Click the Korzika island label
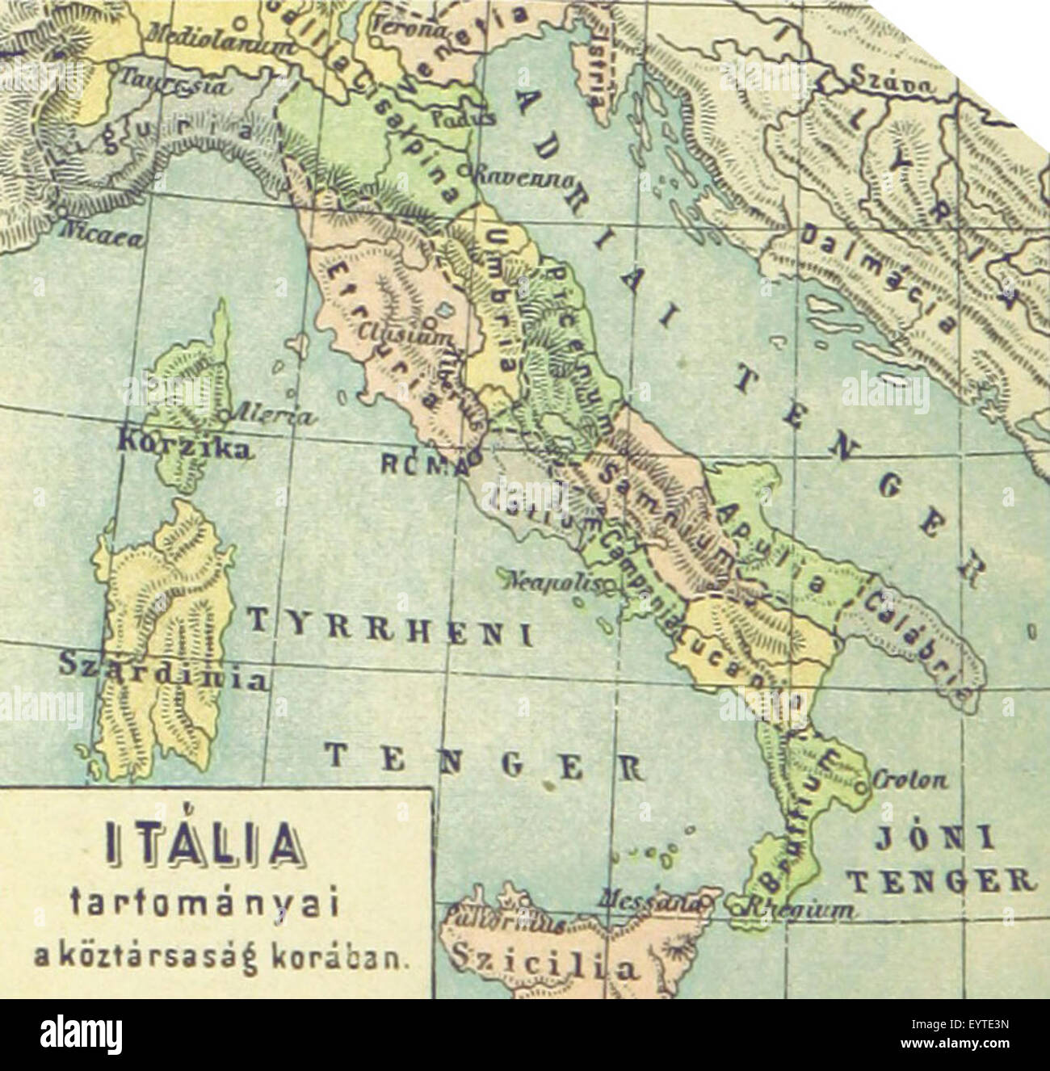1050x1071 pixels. coord(183,446)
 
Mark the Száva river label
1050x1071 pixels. coord(892,83)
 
